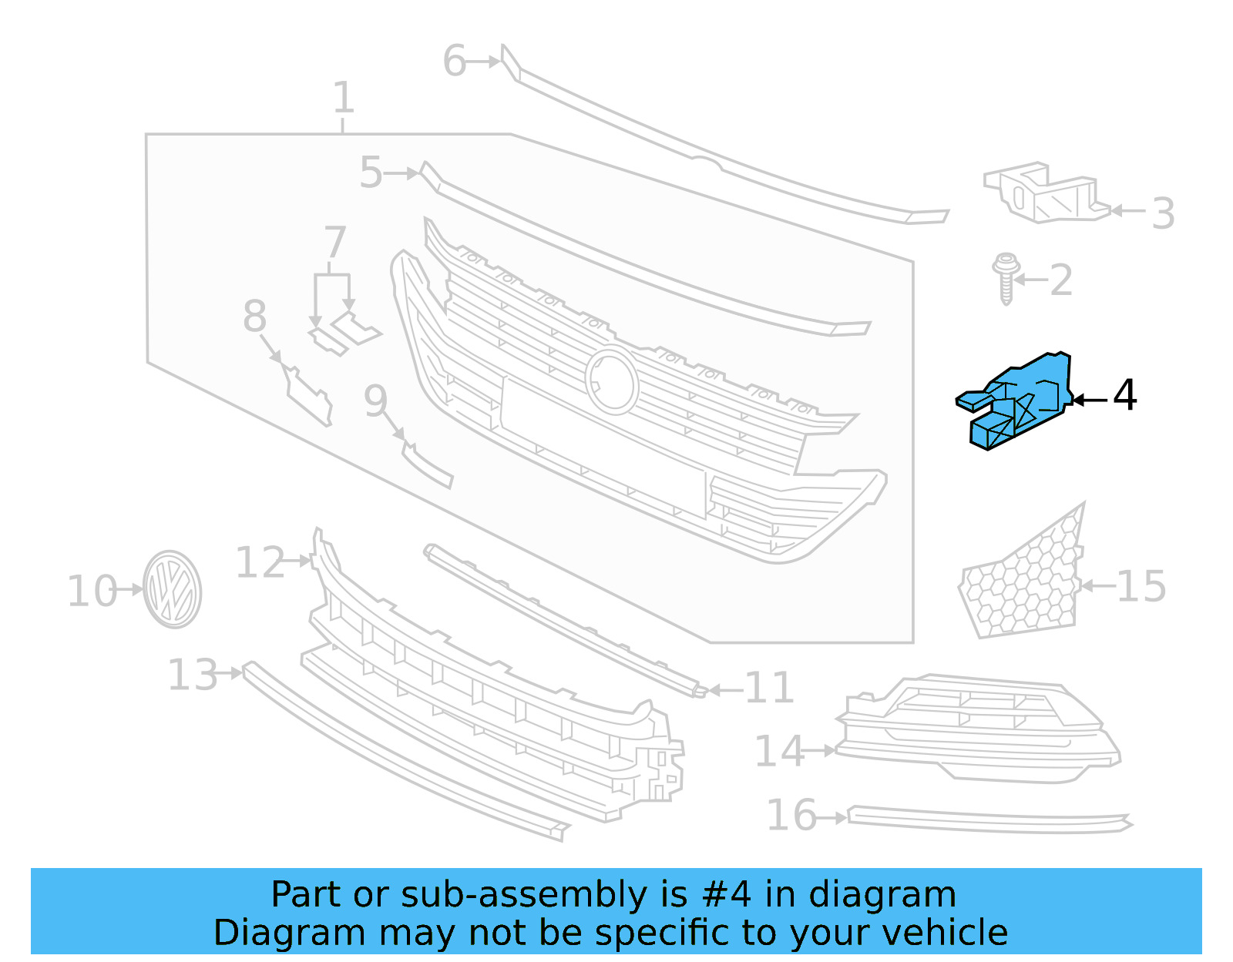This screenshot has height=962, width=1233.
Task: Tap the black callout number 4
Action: [1124, 395]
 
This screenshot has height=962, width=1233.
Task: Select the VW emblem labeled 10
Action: [172, 589]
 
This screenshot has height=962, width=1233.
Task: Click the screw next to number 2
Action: [1005, 278]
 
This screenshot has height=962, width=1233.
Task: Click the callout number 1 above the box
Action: [343, 98]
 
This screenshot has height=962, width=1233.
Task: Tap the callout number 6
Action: [454, 61]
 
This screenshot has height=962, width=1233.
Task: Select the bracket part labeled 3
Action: [1044, 193]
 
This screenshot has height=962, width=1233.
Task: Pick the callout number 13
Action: [193, 675]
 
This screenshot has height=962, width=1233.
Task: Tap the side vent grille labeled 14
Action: [979, 728]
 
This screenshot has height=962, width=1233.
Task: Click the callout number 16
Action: [791, 815]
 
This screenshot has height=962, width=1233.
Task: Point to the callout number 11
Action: [769, 688]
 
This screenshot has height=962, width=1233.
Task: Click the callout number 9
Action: [375, 401]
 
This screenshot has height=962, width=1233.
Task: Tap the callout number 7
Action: [334, 242]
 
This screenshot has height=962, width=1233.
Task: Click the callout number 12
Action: [260, 562]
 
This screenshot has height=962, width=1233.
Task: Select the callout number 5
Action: [371, 173]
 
